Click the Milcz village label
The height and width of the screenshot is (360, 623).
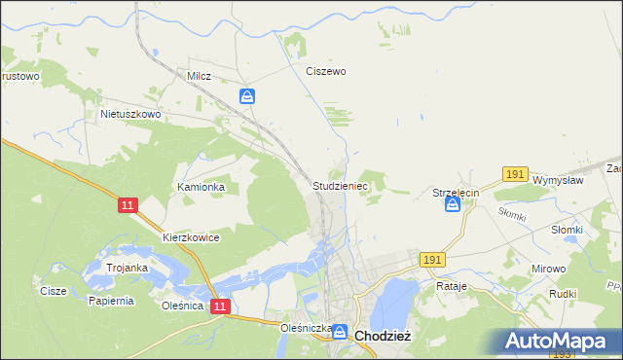199,74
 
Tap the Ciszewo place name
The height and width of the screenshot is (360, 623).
326,71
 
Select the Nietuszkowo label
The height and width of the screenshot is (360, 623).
130,114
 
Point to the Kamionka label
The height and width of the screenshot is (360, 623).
201,187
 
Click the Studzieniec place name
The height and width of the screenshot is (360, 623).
339,184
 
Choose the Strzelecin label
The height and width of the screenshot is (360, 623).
456,194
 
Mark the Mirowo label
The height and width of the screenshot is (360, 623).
549,266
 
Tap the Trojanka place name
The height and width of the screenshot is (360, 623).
127,268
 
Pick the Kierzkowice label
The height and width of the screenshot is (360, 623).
191,237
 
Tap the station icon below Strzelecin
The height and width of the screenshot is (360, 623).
453,205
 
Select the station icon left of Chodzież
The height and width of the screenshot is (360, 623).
340,333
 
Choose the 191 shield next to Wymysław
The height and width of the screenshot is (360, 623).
515,174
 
